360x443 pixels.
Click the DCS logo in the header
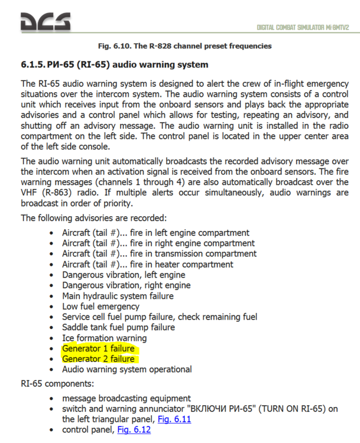pyautogui.click(x=46, y=22)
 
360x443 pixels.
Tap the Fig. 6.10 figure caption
pyautogui.click(x=184, y=45)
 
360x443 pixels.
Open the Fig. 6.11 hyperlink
pyautogui.click(x=175, y=419)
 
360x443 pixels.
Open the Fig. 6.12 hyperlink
pyautogui.click(x=134, y=429)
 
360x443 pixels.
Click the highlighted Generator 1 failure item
pyautogui.click(x=98, y=348)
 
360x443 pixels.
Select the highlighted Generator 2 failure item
pyautogui.click(x=98, y=359)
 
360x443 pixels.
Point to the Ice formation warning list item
pyautogui.click(x=104, y=338)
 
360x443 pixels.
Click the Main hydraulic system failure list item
pyautogui.click(x=118, y=296)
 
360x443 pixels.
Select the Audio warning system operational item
pyautogui.click(x=127, y=369)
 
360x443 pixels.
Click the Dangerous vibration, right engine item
pyautogui.click(x=126, y=285)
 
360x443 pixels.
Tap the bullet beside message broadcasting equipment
pyautogui.click(x=54, y=399)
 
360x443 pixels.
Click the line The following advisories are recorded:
pyautogui.click(x=94, y=218)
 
